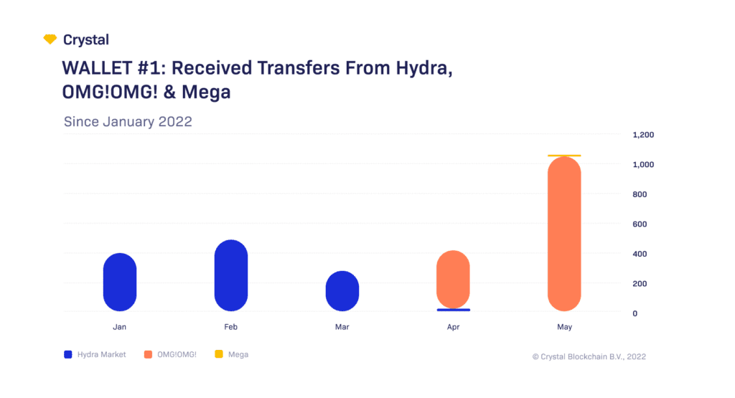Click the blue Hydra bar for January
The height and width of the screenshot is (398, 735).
(120, 282)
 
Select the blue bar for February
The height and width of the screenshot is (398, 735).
(231, 275)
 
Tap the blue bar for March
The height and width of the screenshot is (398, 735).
(342, 290)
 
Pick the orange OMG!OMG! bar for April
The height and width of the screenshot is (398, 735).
(453, 279)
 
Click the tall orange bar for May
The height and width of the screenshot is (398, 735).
(564, 234)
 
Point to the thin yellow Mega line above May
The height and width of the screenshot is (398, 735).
(564, 156)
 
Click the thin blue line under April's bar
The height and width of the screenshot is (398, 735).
(453, 310)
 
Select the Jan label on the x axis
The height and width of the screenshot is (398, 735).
(120, 327)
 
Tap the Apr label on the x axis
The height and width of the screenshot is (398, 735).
(453, 327)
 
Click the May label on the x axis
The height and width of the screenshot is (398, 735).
(564, 327)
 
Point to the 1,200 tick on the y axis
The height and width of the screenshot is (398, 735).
(643, 135)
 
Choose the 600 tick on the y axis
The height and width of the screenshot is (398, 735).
(639, 224)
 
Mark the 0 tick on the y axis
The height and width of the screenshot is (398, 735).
(634, 313)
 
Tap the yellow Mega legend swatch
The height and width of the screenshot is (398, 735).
(219, 354)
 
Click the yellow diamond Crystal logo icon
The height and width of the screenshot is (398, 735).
(50, 39)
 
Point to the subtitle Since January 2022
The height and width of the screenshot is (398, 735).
(128, 121)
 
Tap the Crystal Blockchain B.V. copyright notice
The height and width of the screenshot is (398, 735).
(588, 356)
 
